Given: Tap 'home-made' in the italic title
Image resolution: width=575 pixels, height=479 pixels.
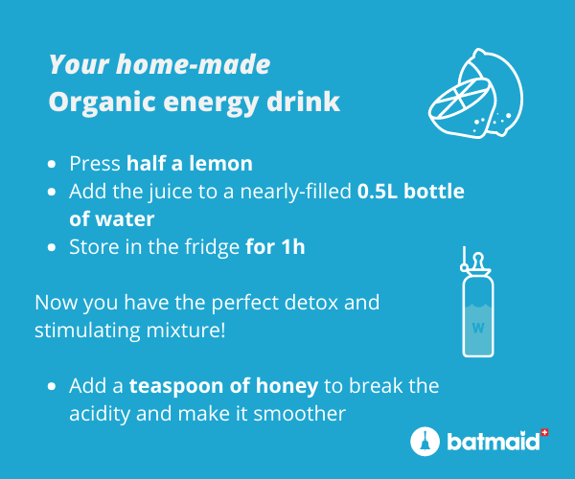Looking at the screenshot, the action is pyautogui.click(x=194, y=64).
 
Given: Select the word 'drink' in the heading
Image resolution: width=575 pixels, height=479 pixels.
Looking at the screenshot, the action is pyautogui.click(x=303, y=101).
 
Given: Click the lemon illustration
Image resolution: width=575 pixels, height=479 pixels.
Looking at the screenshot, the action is pyautogui.click(x=476, y=94).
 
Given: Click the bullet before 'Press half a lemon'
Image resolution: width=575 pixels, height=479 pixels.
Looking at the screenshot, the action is pyautogui.click(x=52, y=164).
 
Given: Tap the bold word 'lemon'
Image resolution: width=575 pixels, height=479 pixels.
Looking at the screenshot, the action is pyautogui.click(x=220, y=164).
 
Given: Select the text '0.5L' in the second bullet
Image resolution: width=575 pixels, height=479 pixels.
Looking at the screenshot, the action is pyautogui.click(x=378, y=192).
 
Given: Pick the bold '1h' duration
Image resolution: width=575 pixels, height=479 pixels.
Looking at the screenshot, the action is pyautogui.click(x=293, y=246).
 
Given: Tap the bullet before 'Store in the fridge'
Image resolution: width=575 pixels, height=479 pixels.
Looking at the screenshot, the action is pyautogui.click(x=52, y=247).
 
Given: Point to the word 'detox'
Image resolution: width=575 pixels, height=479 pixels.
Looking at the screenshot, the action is pyautogui.click(x=311, y=303).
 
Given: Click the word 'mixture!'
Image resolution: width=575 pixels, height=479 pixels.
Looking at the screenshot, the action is pyautogui.click(x=186, y=331).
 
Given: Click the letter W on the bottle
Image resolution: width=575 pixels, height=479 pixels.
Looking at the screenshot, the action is pyautogui.click(x=478, y=328).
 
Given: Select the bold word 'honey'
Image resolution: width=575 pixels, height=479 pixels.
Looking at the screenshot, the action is pyautogui.click(x=287, y=386).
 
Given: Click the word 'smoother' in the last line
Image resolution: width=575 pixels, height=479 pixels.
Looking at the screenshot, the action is pyautogui.click(x=299, y=414).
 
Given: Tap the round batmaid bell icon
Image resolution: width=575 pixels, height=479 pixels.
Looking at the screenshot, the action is pyautogui.click(x=425, y=442).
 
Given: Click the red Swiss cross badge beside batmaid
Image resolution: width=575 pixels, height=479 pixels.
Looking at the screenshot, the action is pyautogui.click(x=544, y=433).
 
